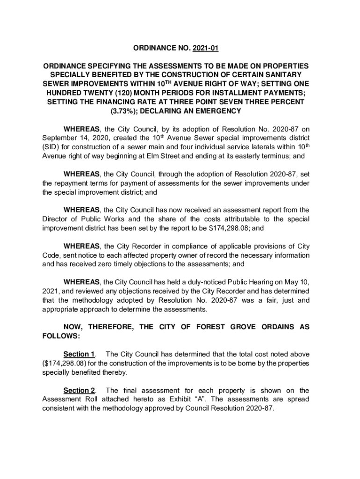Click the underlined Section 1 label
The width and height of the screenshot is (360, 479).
coord(79,354)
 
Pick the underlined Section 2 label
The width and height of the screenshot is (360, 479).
coord(79,390)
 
